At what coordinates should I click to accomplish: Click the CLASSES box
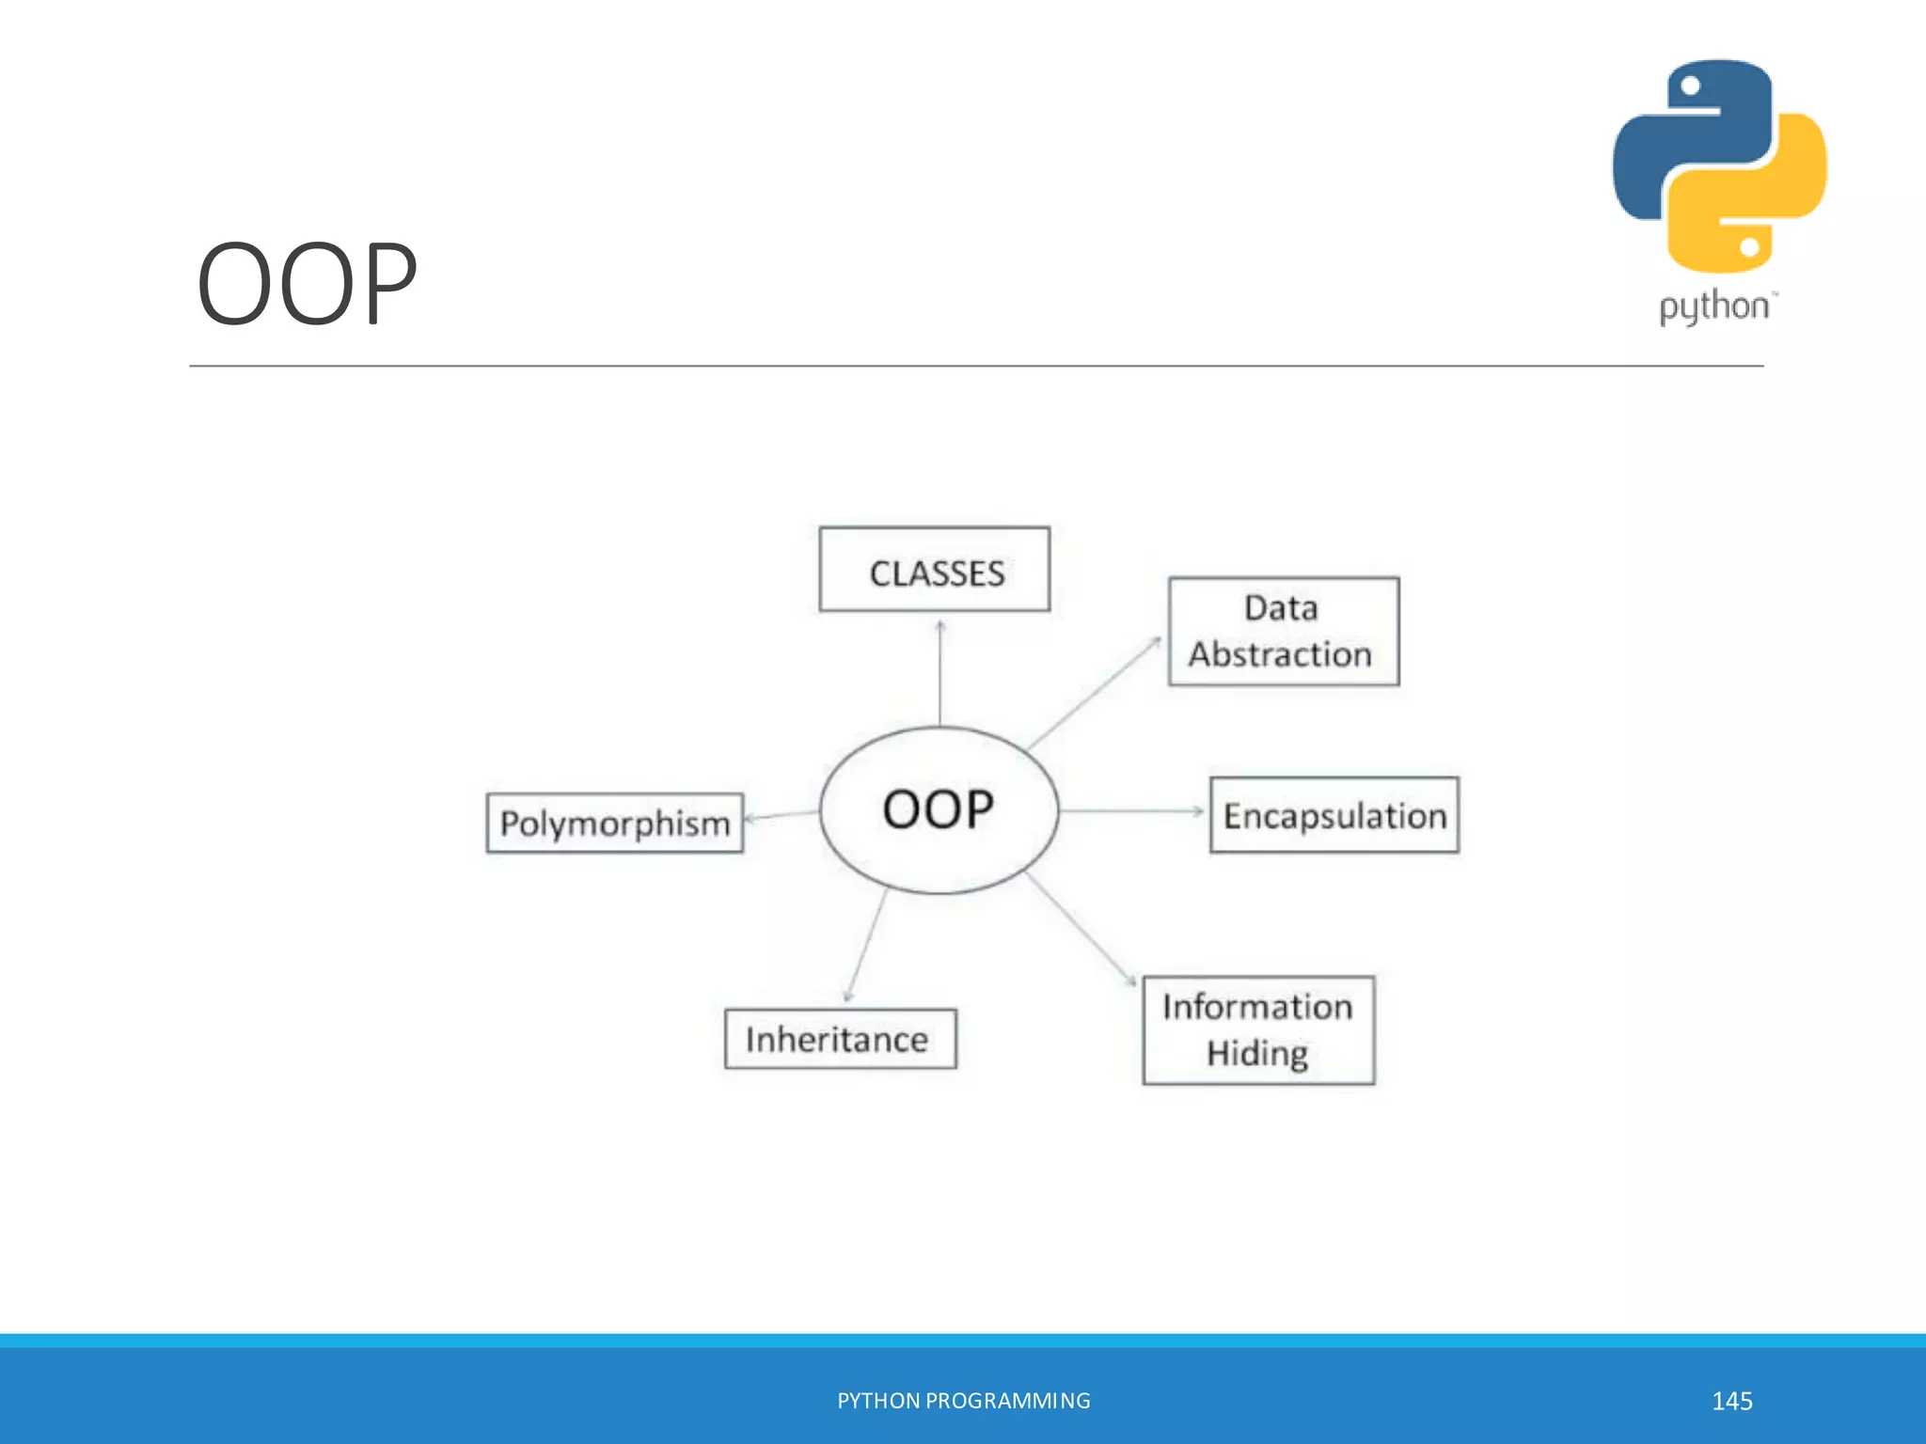coord(935,570)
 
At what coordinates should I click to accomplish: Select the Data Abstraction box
coord(1283,632)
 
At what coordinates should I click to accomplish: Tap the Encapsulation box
coord(1334,815)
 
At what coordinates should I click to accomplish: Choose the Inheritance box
coord(840,1039)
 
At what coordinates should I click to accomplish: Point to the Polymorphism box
coord(614,824)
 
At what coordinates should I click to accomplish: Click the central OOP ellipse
coord(939,809)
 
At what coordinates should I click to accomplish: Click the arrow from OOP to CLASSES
coord(939,672)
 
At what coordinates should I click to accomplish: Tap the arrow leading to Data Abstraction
coord(1095,693)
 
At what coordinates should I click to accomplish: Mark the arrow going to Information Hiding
coord(1081,929)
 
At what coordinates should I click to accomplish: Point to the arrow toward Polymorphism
coord(781,815)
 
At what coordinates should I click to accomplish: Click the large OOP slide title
coord(307,284)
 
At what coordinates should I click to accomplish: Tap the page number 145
coord(1731,1401)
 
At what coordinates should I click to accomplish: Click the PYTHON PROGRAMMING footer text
coord(963,1401)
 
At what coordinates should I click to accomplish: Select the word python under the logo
coord(1713,306)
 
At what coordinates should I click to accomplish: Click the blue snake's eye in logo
coord(1690,86)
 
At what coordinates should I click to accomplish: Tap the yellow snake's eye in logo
coord(1749,247)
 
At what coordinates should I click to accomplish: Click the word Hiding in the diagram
coord(1257,1053)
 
